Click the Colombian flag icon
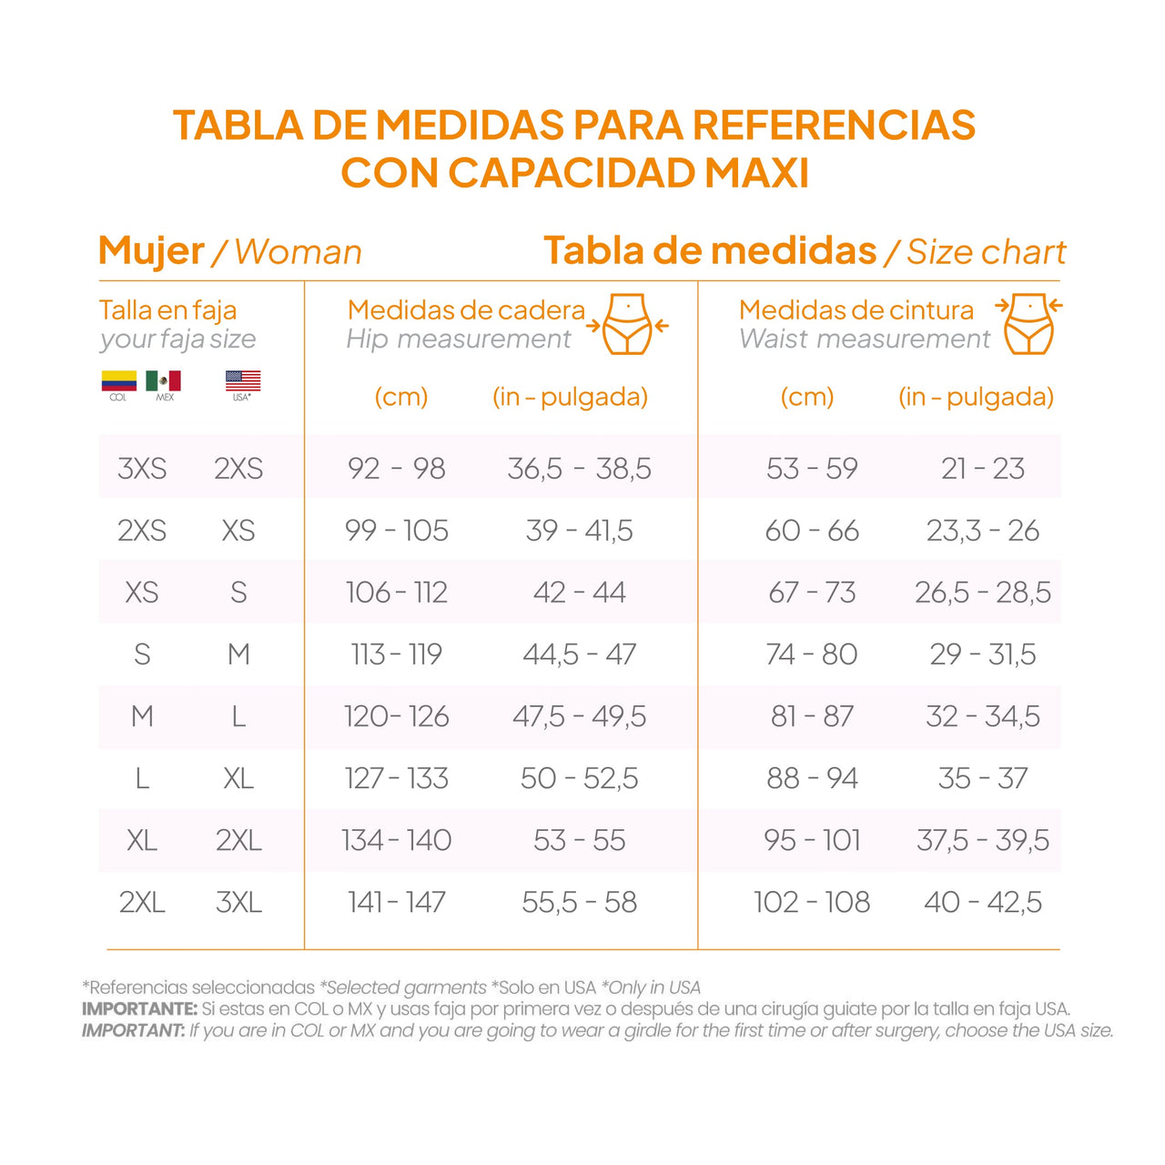pos(118,380)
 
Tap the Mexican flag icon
pos(164,380)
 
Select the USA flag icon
pos(242,380)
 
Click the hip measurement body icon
pos(627,324)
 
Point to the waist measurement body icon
pos(1029,324)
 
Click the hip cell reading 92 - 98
pos(396,468)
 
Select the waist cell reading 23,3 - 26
pos(982,531)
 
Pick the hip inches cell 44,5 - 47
pos(579,654)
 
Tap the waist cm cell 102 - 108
pos(812,902)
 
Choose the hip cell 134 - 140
pos(396,840)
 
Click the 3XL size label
pos(238,902)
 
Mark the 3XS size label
pos(142,468)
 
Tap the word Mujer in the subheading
pos(151,250)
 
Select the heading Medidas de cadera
pos(466,309)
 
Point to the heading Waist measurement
pos(864,339)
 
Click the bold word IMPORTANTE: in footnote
pos(139,1008)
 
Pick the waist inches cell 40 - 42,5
pos(982,902)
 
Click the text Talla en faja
pos(167,310)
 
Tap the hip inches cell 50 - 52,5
pos(579,778)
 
